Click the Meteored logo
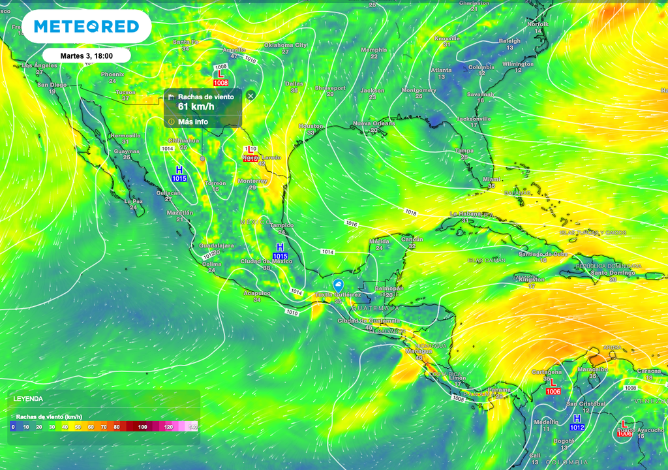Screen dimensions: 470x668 [86, 26]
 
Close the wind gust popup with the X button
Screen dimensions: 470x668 [250, 95]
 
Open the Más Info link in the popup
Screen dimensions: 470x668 [192, 121]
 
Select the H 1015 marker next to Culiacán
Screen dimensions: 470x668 [179, 174]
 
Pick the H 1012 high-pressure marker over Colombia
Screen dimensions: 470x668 [577, 422]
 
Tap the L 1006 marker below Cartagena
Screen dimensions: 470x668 [553, 386]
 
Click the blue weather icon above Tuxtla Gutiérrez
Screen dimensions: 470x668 [338, 285]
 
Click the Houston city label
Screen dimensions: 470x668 [311, 126]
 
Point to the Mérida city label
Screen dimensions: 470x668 [379, 242]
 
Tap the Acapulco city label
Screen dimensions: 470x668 [257, 294]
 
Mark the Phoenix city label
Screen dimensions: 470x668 [112, 74]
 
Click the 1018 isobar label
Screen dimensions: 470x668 [410, 212]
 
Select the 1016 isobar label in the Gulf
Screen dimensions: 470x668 [352, 224]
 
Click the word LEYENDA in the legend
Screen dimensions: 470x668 [29, 398]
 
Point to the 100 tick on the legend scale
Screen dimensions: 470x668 [142, 426]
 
